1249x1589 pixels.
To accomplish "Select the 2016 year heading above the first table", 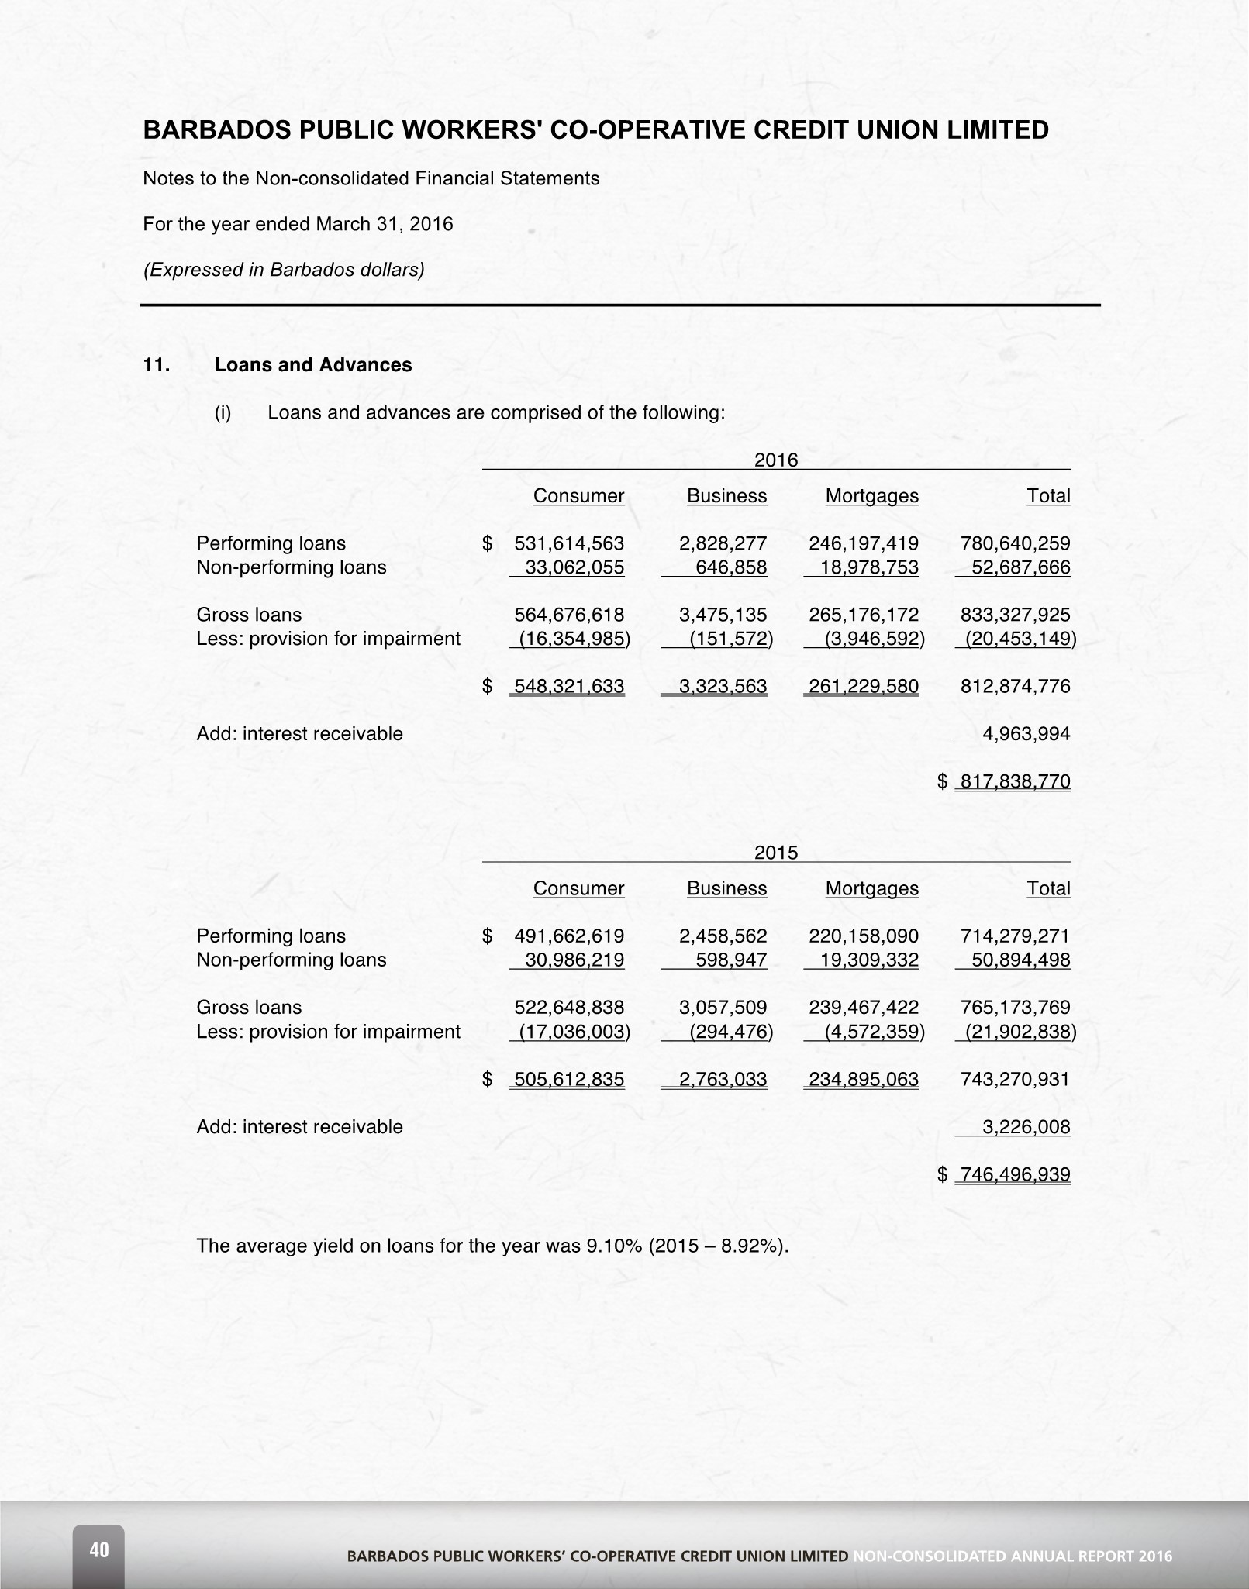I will click(776, 460).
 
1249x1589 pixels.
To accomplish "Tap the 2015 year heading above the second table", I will click(776, 853).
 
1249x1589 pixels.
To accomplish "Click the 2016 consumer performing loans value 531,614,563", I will click(569, 543).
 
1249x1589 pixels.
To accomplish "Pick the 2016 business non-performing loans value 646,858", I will click(731, 567).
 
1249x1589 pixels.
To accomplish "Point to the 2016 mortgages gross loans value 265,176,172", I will click(864, 615).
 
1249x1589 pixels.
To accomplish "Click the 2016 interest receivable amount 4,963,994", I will click(1026, 733).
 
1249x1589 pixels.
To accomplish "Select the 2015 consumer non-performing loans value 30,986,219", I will click(574, 960).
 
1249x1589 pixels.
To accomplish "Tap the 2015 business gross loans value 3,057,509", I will click(723, 1007).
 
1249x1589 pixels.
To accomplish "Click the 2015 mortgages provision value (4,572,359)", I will click(875, 1032).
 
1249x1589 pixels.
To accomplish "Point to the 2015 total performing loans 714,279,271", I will click(1015, 936).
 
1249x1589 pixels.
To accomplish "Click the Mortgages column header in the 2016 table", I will click(871, 496).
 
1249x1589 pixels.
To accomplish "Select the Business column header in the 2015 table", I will click(726, 888).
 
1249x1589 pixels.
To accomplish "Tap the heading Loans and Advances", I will click(313, 365).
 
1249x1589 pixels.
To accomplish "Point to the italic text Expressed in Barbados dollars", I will click(284, 270).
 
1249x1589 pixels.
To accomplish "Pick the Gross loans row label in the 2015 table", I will click(249, 1007).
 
